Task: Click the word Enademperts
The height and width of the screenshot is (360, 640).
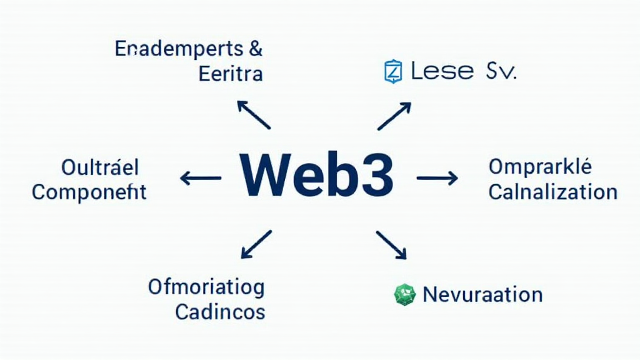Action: pyautogui.click(x=177, y=49)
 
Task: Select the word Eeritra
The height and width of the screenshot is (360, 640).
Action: pyautogui.click(x=230, y=74)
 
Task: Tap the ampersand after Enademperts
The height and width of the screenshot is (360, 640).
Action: pyautogui.click(x=255, y=49)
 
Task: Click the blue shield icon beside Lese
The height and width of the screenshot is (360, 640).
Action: pyautogui.click(x=392, y=71)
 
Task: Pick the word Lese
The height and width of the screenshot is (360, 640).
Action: pyautogui.click(x=441, y=71)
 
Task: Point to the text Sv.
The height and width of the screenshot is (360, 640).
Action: pyautogui.click(x=501, y=71)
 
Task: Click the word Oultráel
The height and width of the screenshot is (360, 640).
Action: pyautogui.click(x=100, y=167)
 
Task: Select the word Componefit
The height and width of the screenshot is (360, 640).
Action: pyautogui.click(x=89, y=192)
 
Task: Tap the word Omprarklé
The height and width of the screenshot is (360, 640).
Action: pyautogui.click(x=540, y=167)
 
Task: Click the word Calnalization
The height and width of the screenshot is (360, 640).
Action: pyautogui.click(x=552, y=192)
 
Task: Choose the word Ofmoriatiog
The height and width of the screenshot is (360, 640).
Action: pyautogui.click(x=206, y=287)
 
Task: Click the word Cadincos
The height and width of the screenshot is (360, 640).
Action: pyautogui.click(x=220, y=311)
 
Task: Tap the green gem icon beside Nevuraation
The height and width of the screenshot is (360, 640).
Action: pyautogui.click(x=405, y=294)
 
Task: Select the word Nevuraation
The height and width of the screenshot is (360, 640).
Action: pyautogui.click(x=482, y=294)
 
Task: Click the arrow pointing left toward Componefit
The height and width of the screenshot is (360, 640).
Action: pyautogui.click(x=201, y=179)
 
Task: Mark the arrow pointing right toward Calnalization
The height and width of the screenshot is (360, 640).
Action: pyautogui.click(x=437, y=179)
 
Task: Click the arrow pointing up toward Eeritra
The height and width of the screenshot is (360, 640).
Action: pyautogui.click(x=253, y=114)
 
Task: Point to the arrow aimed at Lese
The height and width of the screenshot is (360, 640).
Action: pyautogui.click(x=394, y=117)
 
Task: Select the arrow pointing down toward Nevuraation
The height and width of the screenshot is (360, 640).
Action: pyautogui.click(x=391, y=244)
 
